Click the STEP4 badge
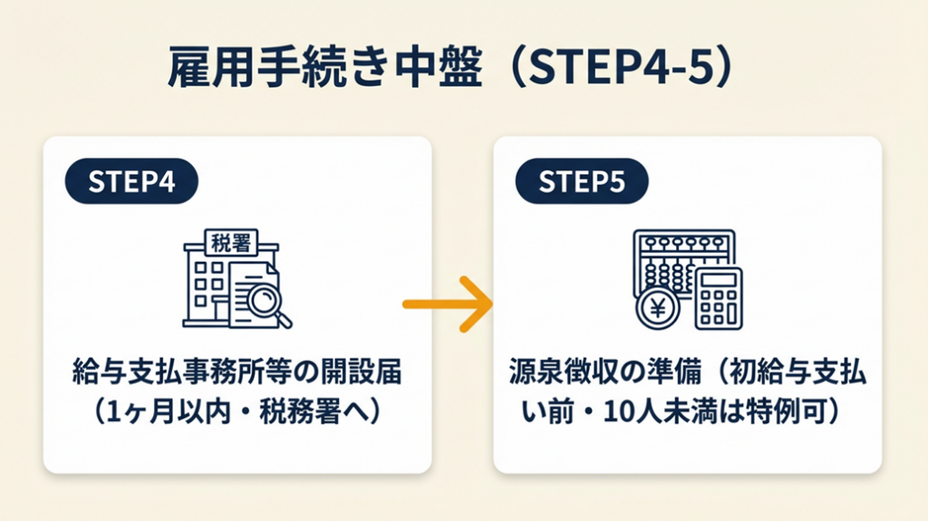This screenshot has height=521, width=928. point(131,181)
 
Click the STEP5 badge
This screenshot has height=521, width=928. point(582,181)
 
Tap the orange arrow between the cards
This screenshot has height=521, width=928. point(447,304)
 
